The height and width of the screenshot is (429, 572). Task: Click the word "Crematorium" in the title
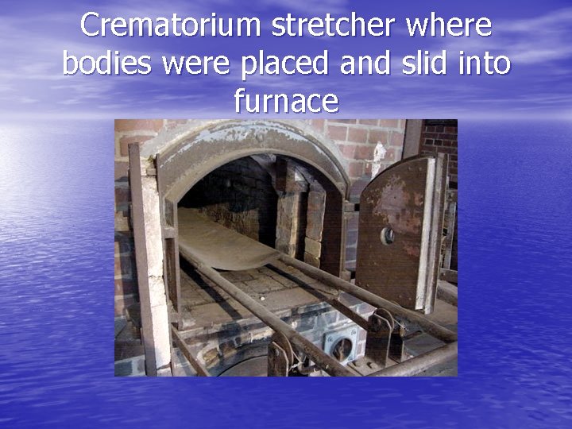172,25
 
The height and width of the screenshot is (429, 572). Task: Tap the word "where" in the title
449,25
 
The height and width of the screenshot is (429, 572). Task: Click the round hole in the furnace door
388,235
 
